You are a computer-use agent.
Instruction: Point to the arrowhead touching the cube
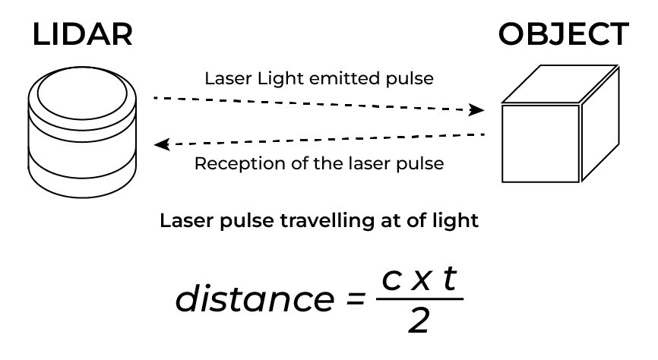click(x=476, y=110)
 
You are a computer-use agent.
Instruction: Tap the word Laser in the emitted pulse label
click(x=223, y=78)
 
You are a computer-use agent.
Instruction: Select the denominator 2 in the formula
click(x=418, y=322)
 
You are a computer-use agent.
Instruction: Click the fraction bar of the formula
click(x=419, y=299)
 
